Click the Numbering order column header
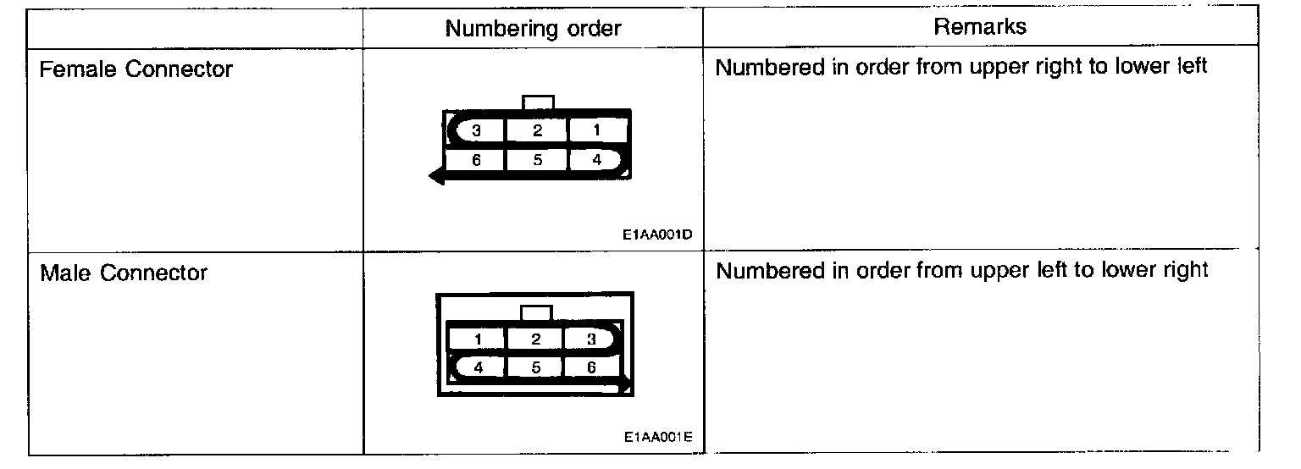pyautogui.click(x=533, y=29)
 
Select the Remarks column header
pyautogui.click(x=980, y=26)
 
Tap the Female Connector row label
pyautogui.click(x=136, y=69)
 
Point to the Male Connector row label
pyautogui.click(x=124, y=273)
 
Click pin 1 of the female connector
pyautogui.click(x=598, y=131)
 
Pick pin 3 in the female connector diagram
pyautogui.click(x=477, y=131)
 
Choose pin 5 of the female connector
pyautogui.click(x=537, y=158)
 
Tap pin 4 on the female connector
pyautogui.click(x=598, y=158)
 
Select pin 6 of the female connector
pyautogui.click(x=477, y=158)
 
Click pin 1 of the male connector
pyautogui.click(x=478, y=339)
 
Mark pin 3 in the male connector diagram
pyautogui.click(x=592, y=339)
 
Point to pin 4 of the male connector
pyautogui.click(x=478, y=367)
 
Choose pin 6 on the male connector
pyautogui.click(x=592, y=367)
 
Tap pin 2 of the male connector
pyautogui.click(x=535, y=339)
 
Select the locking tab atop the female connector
pyautogui.click(x=539, y=102)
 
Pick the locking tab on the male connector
pyautogui.click(x=536, y=312)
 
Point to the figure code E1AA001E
pyautogui.click(x=657, y=438)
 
